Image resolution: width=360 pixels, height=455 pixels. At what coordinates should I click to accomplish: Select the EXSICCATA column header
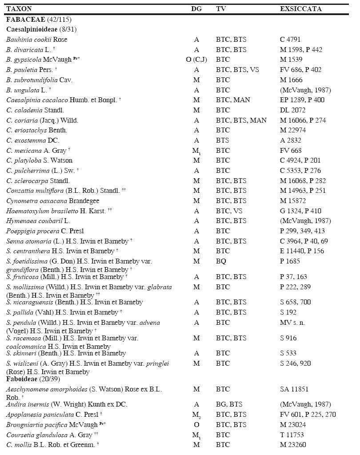pyautogui.click(x=300, y=9)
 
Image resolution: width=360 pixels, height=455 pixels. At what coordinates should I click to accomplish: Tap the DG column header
pyautogui.click(x=196, y=9)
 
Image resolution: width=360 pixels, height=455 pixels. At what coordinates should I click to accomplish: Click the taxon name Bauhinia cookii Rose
pyautogui.click(x=37, y=40)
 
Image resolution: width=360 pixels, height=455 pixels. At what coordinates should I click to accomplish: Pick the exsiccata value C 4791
pyautogui.click(x=290, y=40)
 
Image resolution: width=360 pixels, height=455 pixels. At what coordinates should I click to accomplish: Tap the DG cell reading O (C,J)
pyautogui.click(x=196, y=60)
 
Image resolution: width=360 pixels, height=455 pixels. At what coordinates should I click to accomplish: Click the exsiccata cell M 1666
pyautogui.click(x=291, y=80)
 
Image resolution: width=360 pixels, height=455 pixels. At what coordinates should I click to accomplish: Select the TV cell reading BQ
pyautogui.click(x=221, y=261)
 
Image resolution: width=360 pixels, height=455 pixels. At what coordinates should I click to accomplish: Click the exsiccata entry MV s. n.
pyautogui.click(x=292, y=323)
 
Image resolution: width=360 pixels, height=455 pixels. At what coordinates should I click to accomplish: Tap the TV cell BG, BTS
pyautogui.click(x=229, y=404)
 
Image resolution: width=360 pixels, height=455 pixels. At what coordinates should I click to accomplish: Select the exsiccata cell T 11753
pyautogui.click(x=292, y=435)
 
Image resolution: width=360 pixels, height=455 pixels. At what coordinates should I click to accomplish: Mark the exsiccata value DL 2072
pyautogui.click(x=292, y=110)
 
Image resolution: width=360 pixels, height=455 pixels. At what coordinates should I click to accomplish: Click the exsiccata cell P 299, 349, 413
pyautogui.click(x=302, y=231)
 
